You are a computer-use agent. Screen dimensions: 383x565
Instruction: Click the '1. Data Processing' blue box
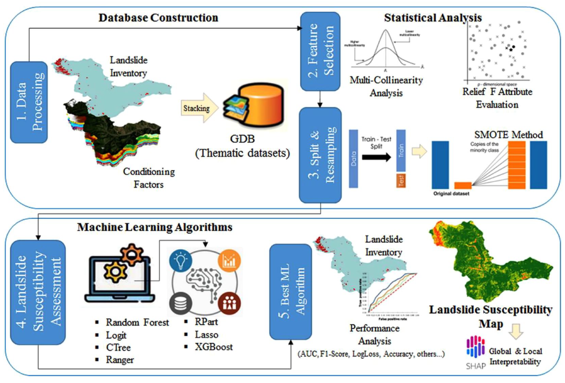coord(29,102)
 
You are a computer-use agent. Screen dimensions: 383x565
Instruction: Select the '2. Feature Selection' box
coord(320,51)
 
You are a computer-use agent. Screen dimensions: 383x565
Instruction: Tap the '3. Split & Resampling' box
coord(320,155)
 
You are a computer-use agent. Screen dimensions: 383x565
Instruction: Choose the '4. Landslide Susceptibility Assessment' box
coord(38,292)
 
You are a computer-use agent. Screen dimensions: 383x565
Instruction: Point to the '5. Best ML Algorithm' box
coord(291,292)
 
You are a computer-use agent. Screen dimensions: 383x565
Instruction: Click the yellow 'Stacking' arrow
coord(199,108)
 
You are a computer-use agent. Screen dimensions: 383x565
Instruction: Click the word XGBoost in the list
coord(214,347)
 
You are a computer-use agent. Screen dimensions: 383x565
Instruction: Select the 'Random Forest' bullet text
coord(137,322)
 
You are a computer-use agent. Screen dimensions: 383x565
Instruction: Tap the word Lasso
coord(207,335)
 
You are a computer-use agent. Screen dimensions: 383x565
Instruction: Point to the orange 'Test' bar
coord(401,181)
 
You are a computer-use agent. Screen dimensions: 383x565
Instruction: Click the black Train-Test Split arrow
coord(376,157)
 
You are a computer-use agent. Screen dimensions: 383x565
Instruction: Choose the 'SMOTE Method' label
coord(508,134)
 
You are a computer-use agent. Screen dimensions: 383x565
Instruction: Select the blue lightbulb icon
coord(181,261)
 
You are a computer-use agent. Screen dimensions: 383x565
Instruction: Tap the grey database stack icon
coord(181,304)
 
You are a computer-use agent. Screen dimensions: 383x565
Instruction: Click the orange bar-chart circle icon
coord(229,261)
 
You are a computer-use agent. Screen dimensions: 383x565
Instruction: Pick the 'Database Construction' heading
coord(158,18)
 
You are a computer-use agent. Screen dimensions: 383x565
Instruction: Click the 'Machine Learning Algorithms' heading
coord(155,227)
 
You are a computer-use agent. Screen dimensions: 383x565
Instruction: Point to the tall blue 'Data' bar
coord(353,159)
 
